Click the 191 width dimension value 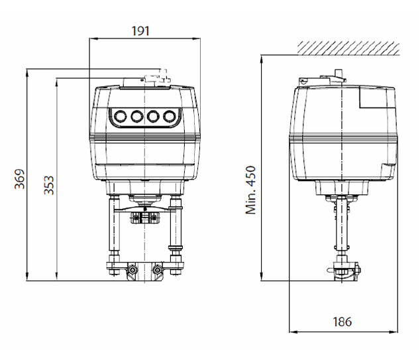point(140,30)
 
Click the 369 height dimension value point(20,179)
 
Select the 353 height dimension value point(49,185)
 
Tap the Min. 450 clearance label point(250,190)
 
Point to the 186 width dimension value point(342,322)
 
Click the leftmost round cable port point(120,116)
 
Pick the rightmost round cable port point(170,116)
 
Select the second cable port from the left point(136,116)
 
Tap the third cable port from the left point(153,116)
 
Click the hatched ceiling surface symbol point(348,48)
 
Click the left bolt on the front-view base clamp point(132,270)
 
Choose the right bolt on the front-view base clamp point(158,270)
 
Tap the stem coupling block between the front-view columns point(144,217)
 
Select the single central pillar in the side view point(342,225)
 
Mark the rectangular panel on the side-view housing point(377,98)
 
